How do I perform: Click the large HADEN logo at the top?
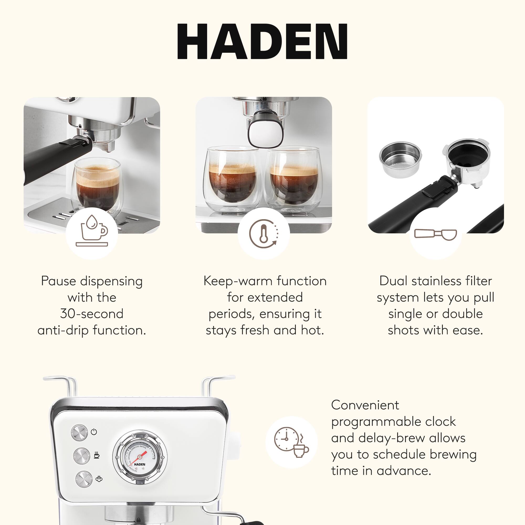(262, 41)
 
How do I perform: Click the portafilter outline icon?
(435, 234)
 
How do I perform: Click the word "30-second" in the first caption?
(92, 314)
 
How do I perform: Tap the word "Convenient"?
(365, 405)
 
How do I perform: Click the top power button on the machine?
(80, 432)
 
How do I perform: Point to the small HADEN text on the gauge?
(140, 464)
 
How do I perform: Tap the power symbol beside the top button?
(94, 432)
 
